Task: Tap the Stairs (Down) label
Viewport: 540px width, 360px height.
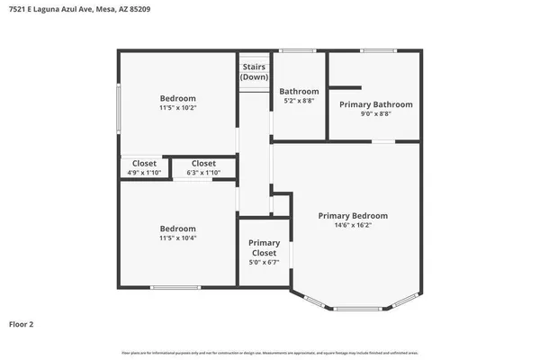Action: (x=254, y=72)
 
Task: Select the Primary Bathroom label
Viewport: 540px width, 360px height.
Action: (x=375, y=104)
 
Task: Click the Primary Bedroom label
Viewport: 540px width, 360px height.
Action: (x=353, y=216)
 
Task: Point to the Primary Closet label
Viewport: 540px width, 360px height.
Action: (x=265, y=248)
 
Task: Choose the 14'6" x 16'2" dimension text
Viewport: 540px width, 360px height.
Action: (x=353, y=227)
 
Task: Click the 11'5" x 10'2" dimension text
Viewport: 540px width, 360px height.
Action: (x=177, y=108)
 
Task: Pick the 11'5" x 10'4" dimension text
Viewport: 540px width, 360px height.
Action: (x=177, y=238)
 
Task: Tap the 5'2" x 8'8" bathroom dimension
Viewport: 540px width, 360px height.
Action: (x=299, y=102)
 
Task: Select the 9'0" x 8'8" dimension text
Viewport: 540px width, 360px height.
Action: (x=375, y=115)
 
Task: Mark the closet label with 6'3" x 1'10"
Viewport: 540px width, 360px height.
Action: (x=203, y=163)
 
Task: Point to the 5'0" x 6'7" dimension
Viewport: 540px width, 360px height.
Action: (x=265, y=263)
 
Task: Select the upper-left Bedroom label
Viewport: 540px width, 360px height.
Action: (x=177, y=98)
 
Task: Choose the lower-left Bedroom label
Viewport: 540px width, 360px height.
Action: (x=177, y=229)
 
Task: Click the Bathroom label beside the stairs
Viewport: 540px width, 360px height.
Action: (x=299, y=91)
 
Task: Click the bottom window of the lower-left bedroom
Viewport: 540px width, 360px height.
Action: (x=175, y=287)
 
